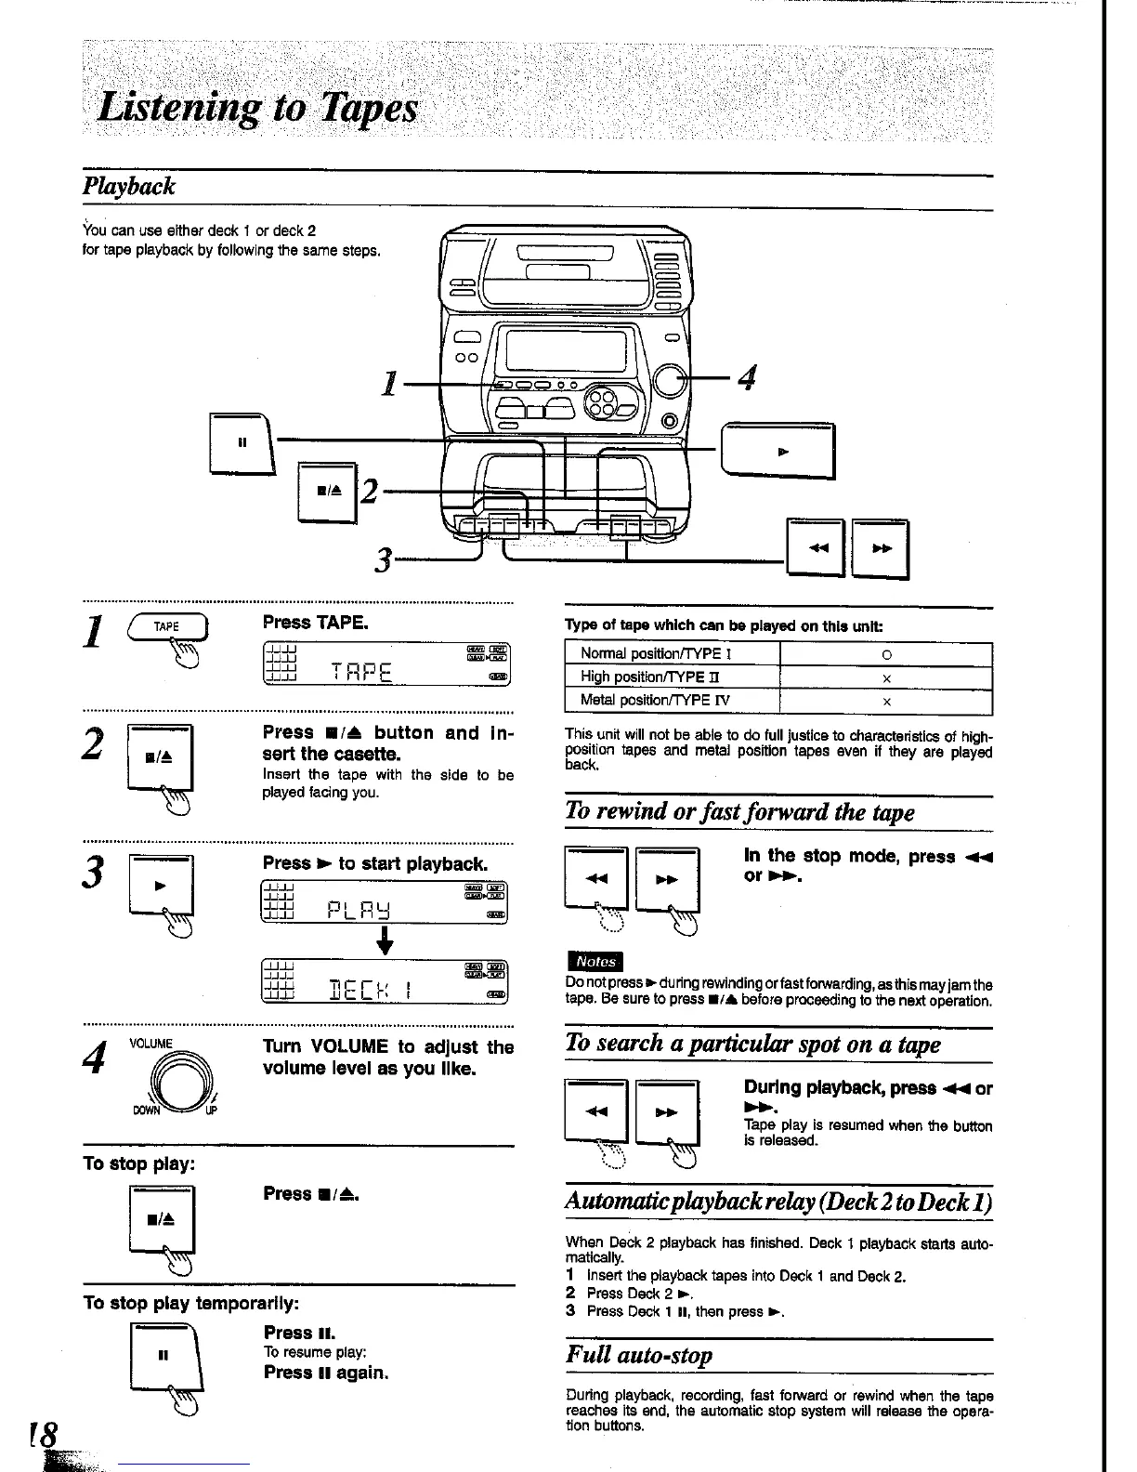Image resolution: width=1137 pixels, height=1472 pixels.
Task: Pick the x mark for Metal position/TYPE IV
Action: (885, 701)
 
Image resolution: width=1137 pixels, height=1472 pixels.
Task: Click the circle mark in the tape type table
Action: (885, 653)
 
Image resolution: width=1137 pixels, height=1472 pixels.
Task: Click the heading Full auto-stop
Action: (639, 1354)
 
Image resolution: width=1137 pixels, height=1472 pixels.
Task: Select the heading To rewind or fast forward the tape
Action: (739, 811)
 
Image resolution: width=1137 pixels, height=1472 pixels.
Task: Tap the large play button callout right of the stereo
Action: (779, 452)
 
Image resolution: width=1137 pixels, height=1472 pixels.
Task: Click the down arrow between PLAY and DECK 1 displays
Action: (382, 943)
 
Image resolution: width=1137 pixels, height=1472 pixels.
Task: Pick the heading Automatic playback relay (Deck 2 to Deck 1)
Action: (778, 1202)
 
